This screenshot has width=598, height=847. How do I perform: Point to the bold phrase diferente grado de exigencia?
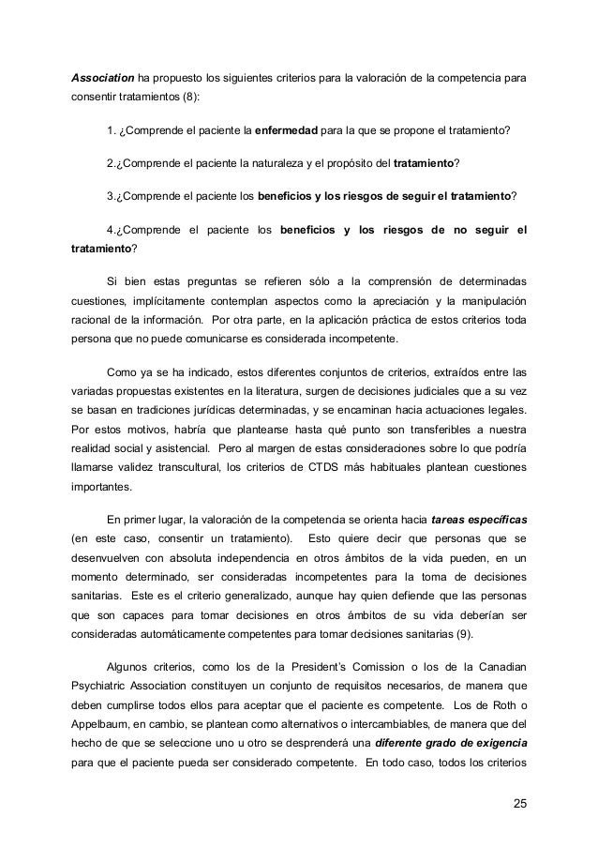click(x=458, y=744)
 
